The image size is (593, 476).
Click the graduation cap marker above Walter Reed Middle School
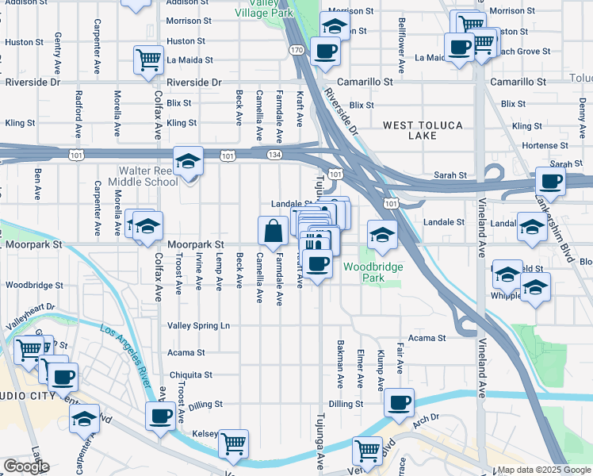point(189,162)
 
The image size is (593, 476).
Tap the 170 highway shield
point(296,50)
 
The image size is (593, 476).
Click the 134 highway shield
point(274,155)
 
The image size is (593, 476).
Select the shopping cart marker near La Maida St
point(148,59)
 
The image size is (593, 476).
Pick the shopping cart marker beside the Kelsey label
point(233,444)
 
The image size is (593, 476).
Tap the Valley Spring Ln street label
point(198,325)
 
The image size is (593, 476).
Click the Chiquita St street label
point(191,374)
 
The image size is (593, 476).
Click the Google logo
point(26,466)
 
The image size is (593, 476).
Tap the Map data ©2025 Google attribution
point(543,470)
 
